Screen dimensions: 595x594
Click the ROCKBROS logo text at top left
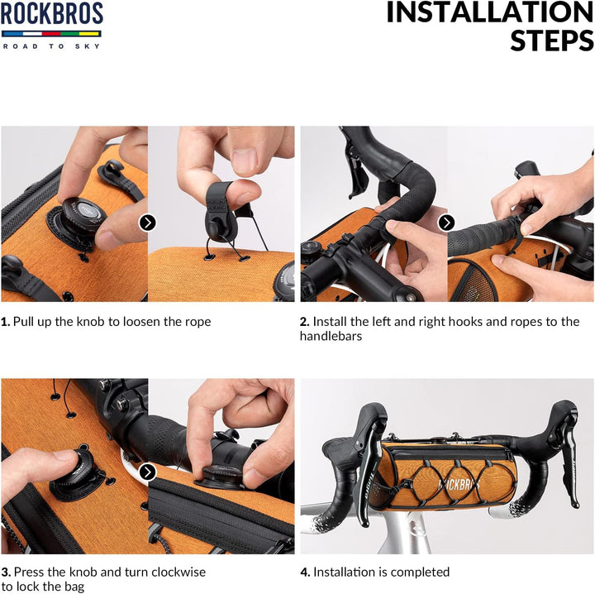pos(51,13)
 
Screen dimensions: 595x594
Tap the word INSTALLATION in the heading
pos(490,12)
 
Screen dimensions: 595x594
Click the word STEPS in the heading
pos(552,41)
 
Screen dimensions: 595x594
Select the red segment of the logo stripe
pos(51,34)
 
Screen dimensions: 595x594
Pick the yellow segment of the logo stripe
pos(90,34)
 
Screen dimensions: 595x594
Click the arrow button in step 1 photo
pos(148,223)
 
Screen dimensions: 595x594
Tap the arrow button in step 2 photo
pos(446,223)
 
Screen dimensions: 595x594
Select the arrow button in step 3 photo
pos(148,472)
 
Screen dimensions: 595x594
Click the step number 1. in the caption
pos(6,322)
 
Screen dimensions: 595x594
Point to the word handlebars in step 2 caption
pos(331,336)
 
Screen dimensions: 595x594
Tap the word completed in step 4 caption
pos(420,572)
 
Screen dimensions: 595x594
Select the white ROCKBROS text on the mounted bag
pos(459,485)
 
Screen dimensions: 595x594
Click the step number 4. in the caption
pos(305,572)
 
